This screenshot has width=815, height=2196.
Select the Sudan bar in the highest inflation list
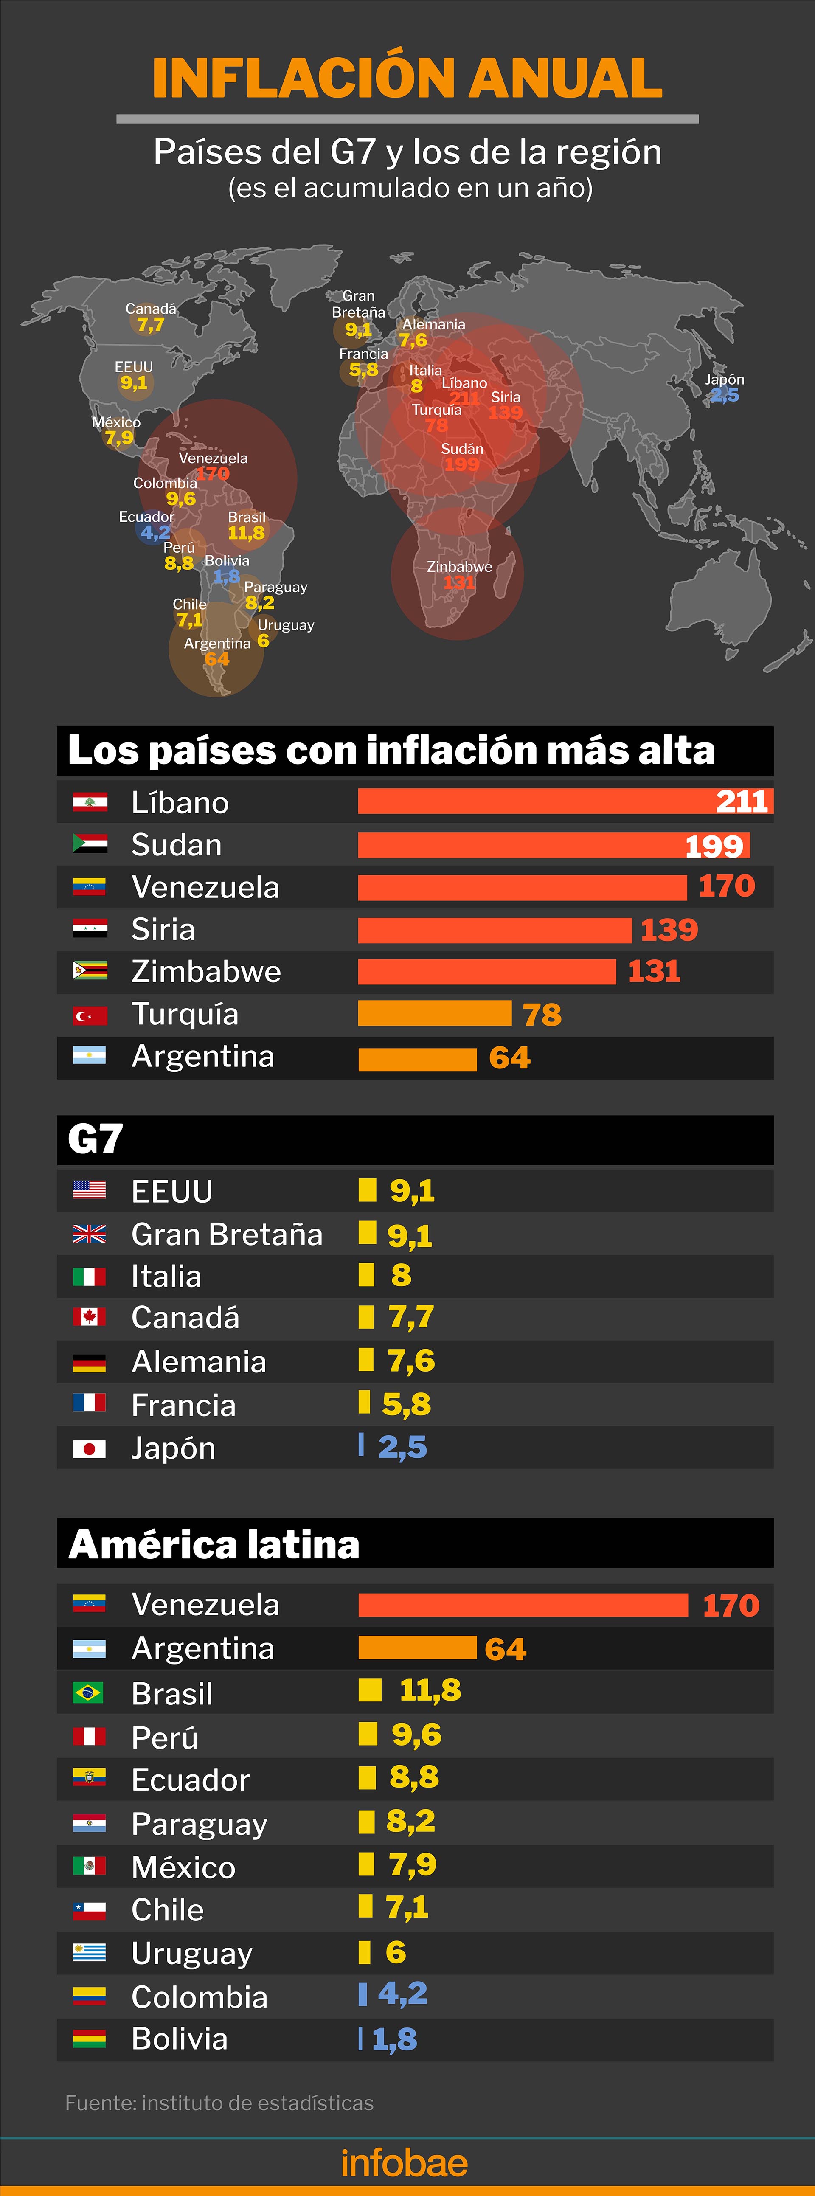552,845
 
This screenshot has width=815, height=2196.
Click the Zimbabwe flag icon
90,971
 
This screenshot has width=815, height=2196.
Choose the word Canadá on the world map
151,309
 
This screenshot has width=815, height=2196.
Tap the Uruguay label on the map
286,625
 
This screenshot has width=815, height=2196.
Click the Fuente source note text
219,2103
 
